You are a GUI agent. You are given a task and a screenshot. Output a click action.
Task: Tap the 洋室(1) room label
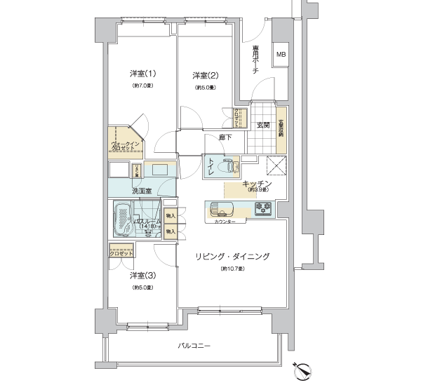142,74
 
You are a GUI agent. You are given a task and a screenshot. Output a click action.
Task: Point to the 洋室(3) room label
142,276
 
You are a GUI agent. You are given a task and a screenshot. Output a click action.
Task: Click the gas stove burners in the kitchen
263,208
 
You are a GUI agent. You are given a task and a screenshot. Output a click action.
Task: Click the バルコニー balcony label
195,346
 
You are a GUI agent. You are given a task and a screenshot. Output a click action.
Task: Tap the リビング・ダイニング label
232,257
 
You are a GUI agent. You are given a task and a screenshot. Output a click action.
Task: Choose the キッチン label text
257,182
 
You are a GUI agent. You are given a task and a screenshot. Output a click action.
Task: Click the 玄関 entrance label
263,125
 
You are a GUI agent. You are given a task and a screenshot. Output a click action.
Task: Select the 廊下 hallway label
225,137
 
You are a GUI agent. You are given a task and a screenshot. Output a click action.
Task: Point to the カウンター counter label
221,222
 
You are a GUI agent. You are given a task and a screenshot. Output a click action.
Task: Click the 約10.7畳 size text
232,269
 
